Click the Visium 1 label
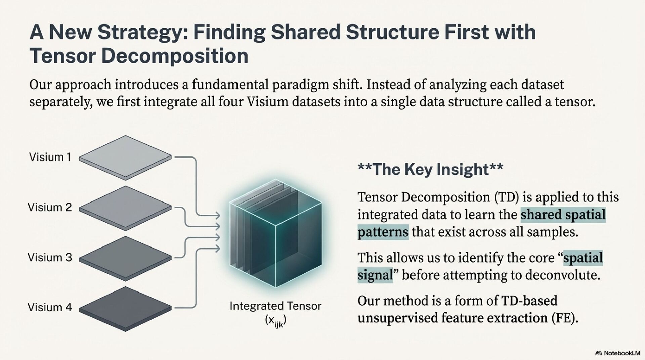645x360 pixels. point(50,157)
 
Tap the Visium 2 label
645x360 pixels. point(50,207)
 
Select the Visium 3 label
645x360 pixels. point(50,258)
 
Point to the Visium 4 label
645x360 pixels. point(50,307)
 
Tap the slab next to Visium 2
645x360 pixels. point(125,208)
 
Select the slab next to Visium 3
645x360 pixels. point(125,258)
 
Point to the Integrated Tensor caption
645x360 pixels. point(275,306)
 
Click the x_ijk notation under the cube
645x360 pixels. point(275,321)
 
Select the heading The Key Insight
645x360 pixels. point(430,169)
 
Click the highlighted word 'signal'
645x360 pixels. point(375,275)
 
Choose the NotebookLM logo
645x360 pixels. point(617,353)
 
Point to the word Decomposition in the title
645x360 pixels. point(175,56)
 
